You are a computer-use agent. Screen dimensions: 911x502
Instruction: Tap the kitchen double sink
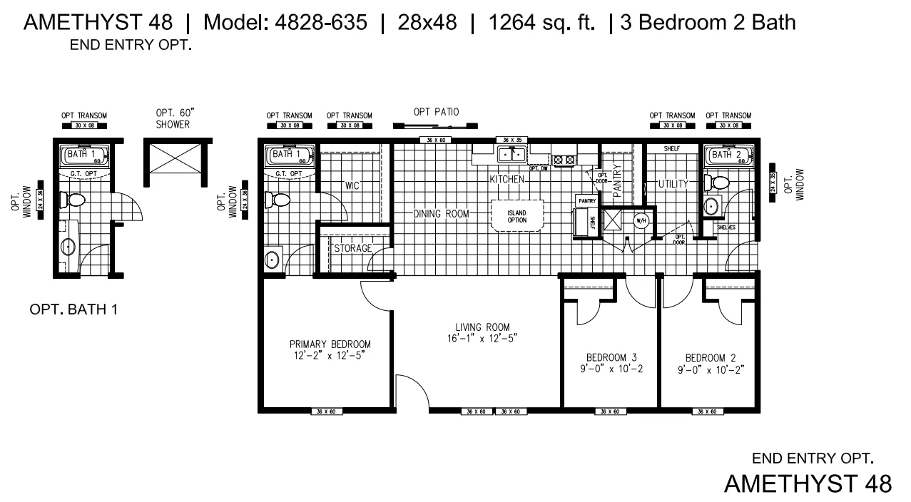pos(511,154)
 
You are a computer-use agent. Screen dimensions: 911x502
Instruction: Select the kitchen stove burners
pos(564,160)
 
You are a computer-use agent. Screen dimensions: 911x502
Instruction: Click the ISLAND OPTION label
pos(516,216)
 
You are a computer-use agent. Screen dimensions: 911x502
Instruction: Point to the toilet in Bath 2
pos(718,183)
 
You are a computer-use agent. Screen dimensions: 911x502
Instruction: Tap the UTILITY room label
pos(673,184)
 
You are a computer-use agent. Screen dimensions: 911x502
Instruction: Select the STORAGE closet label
pos(353,248)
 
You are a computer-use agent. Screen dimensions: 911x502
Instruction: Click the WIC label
pos(352,185)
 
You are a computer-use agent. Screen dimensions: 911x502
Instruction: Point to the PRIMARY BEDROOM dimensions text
pos(330,355)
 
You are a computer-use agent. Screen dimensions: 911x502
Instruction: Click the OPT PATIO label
pos(436,112)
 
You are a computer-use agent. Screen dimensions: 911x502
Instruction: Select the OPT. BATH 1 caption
pos(73,310)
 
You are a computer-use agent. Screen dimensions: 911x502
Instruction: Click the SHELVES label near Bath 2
pos(726,227)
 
